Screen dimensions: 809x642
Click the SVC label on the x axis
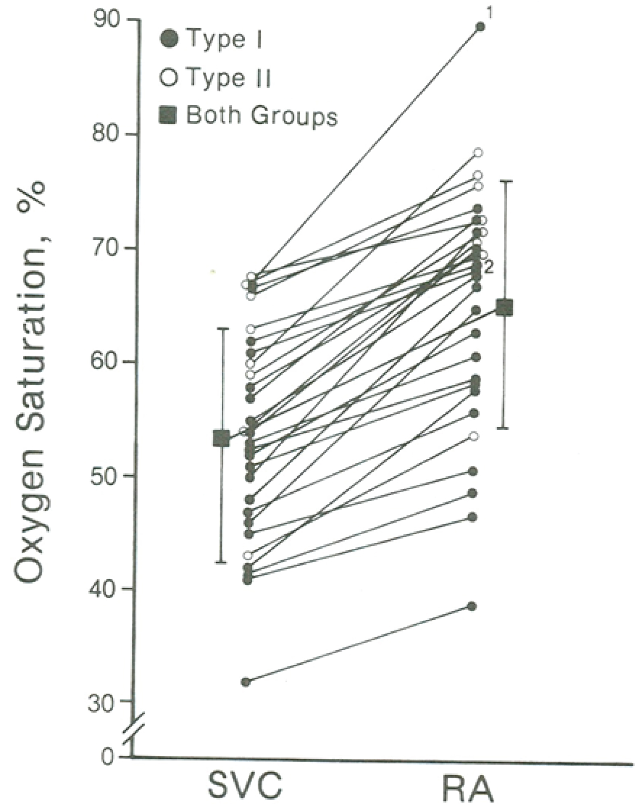click(245, 786)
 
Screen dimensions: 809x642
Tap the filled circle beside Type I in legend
click(169, 40)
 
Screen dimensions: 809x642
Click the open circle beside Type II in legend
click(169, 78)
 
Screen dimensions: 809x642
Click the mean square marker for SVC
click(221, 438)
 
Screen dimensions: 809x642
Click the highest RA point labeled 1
click(480, 27)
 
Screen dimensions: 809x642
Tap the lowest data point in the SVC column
click(246, 682)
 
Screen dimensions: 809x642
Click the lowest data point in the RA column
click(472, 607)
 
